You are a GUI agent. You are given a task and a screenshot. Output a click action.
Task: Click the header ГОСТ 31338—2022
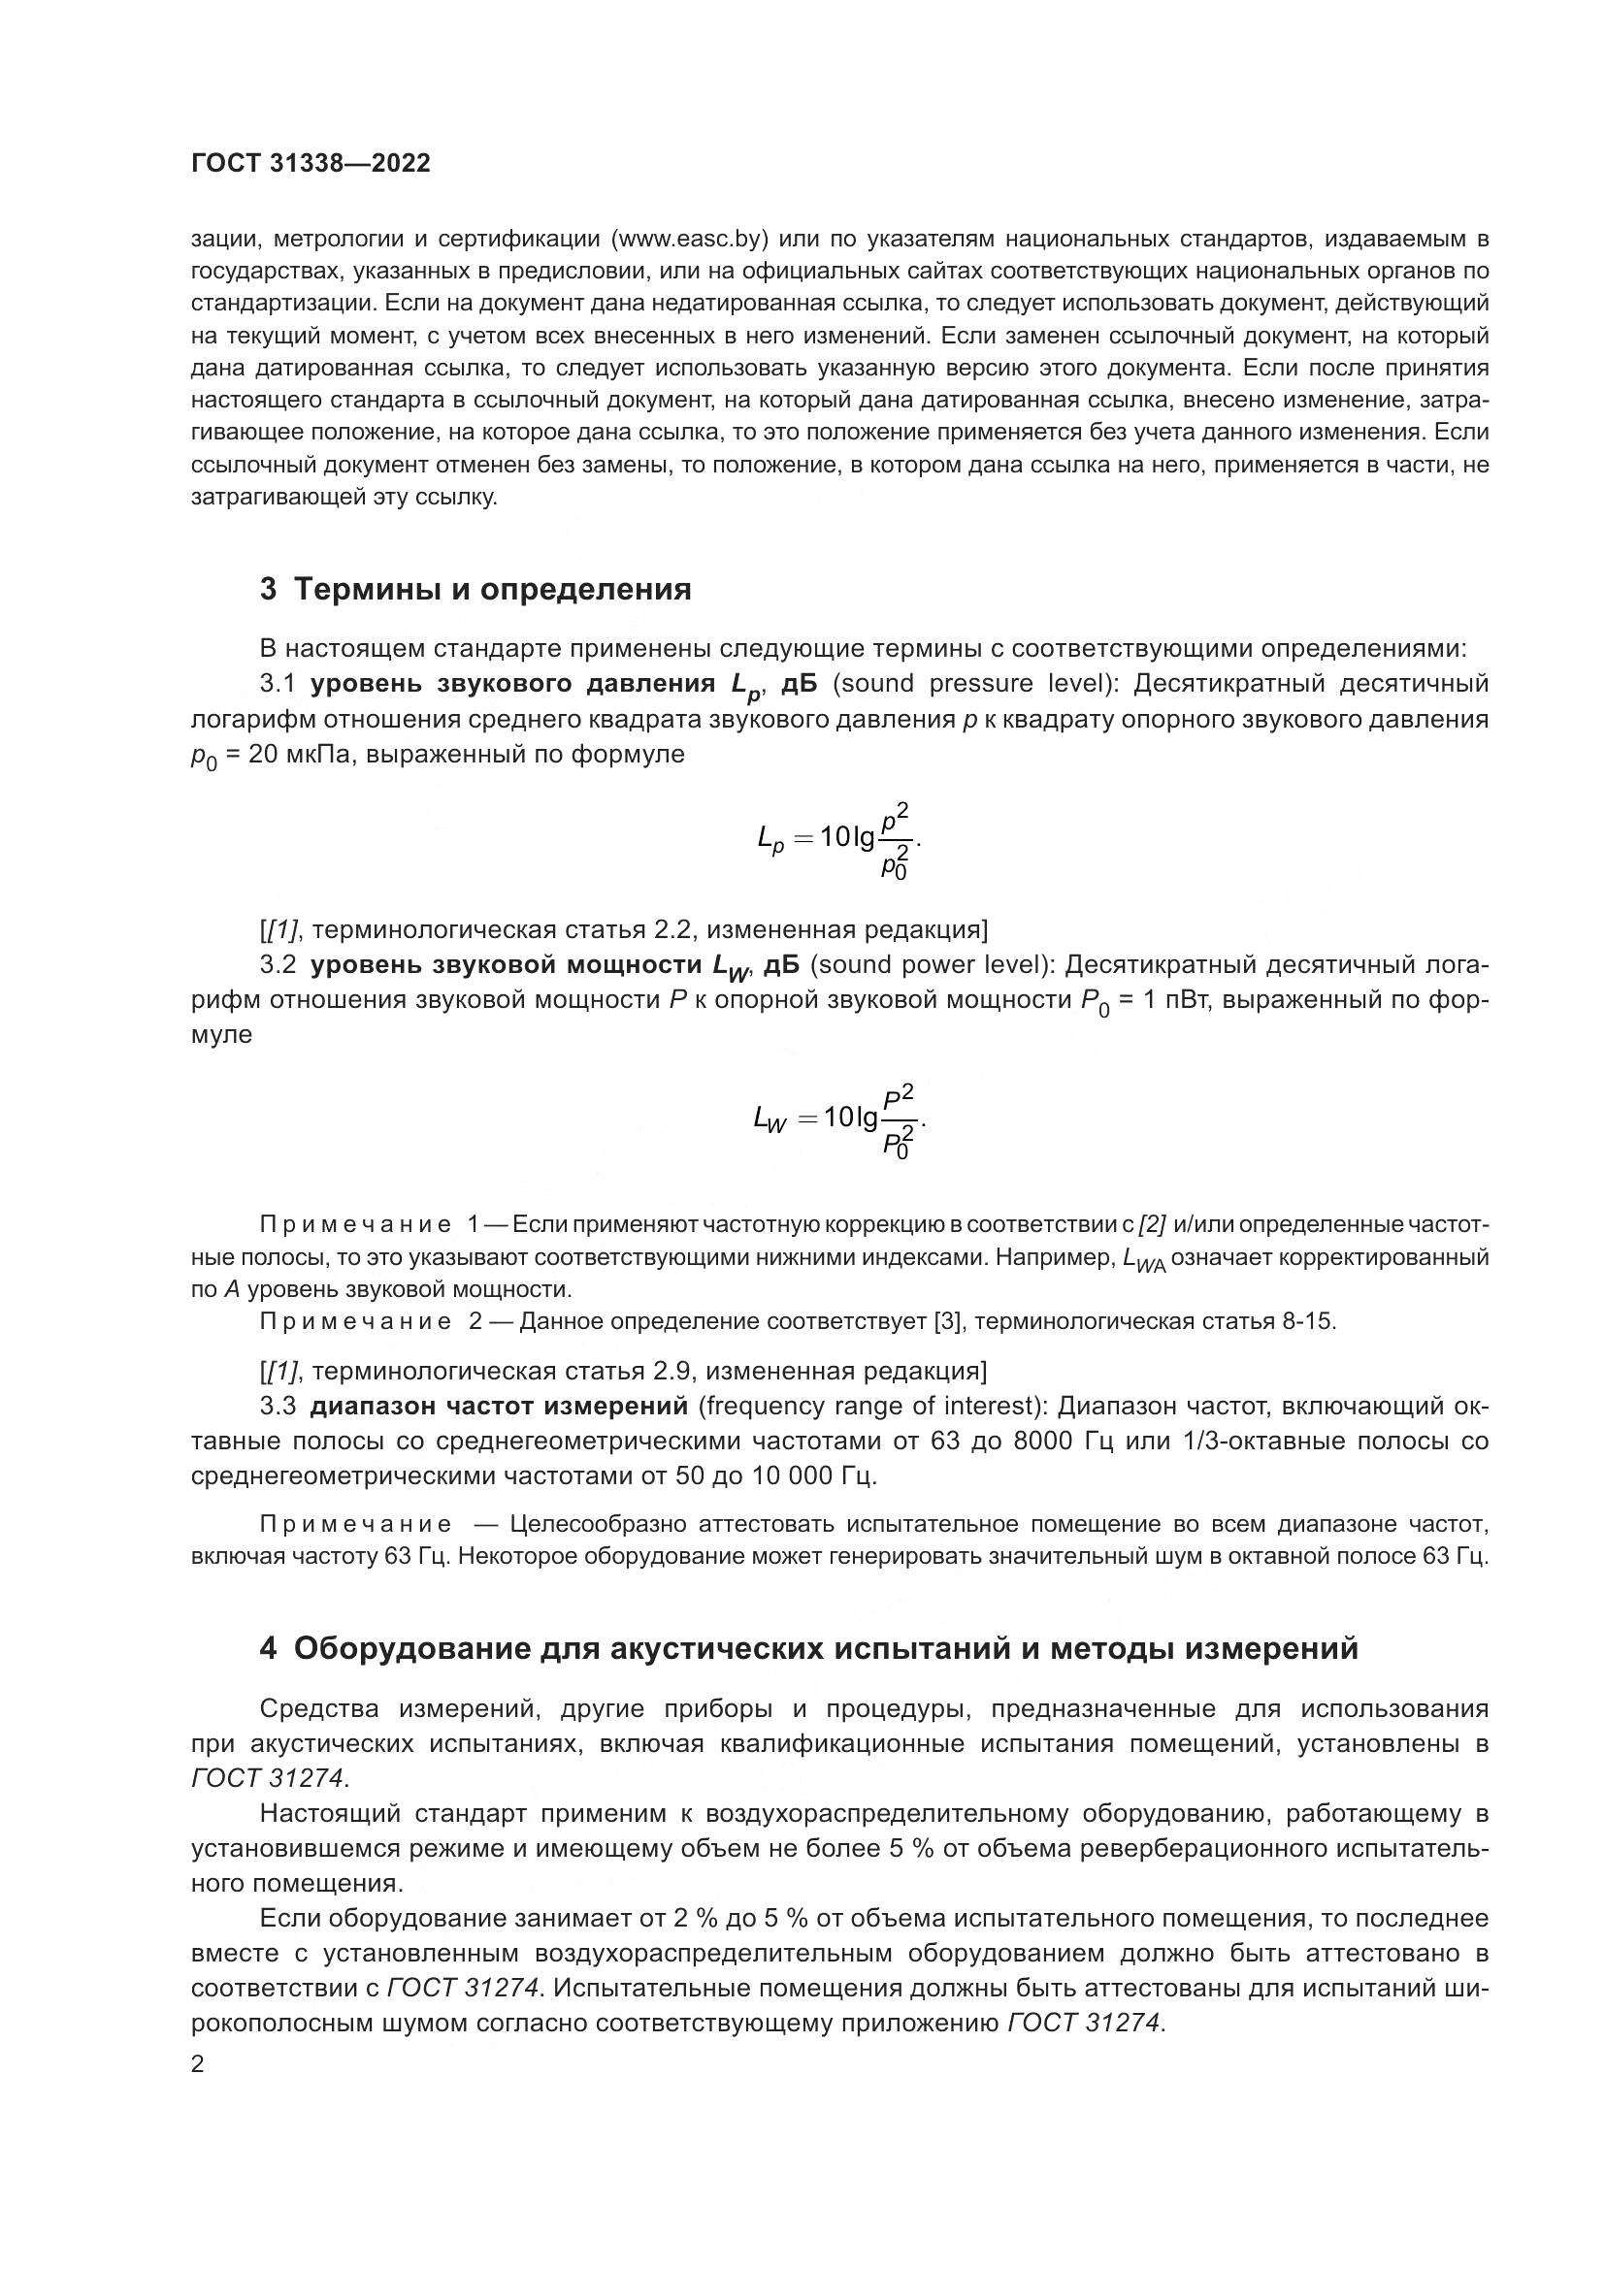311,164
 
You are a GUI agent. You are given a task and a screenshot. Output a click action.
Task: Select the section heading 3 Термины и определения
475,590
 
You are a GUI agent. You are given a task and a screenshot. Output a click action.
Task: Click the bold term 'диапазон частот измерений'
499,1406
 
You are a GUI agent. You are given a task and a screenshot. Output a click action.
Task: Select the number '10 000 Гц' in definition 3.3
797,1476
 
